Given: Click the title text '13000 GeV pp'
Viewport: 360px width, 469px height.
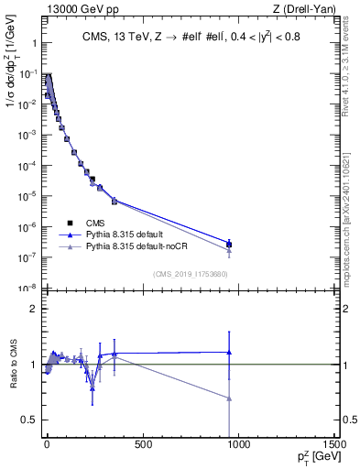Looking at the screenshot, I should coord(72,10).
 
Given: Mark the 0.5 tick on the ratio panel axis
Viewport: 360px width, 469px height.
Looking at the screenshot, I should coord(28,420).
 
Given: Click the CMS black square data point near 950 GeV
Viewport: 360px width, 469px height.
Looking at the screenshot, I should coord(229,245).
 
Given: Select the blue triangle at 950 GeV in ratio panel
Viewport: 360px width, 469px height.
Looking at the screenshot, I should coord(229,352).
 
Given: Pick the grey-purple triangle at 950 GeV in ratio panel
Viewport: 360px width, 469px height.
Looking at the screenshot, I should coord(229,398).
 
